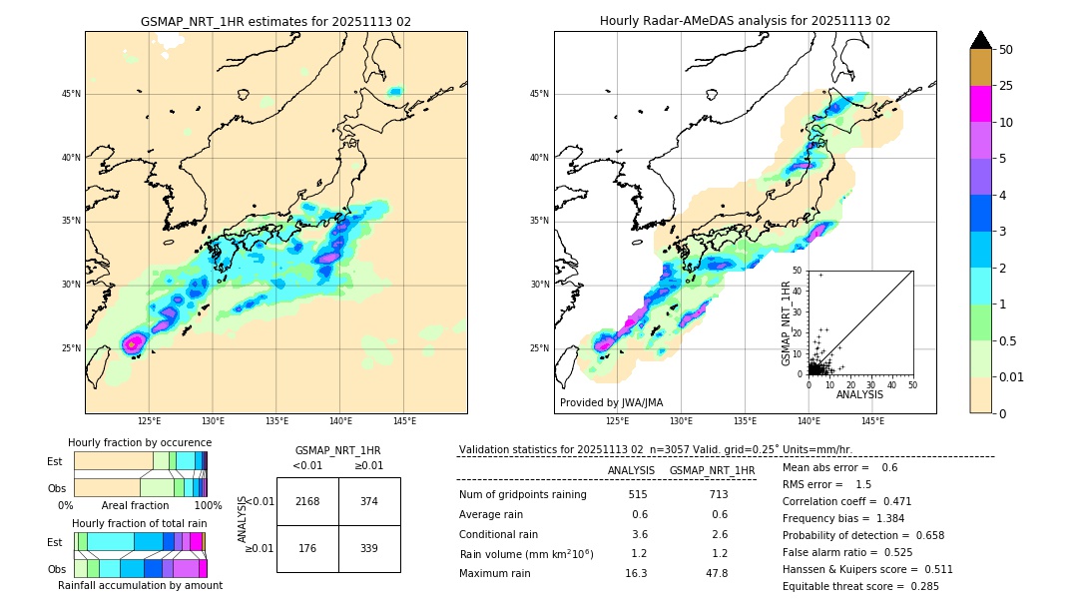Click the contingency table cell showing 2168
coord(307,501)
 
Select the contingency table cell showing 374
coord(369,501)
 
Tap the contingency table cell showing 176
coord(307,548)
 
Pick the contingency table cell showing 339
coord(369,548)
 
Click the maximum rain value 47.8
coord(717,573)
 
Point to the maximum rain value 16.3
coord(636,573)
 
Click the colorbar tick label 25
coord(1006,86)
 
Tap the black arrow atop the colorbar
coord(981,40)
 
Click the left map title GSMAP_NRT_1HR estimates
coord(275,21)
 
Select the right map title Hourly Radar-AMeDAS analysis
coord(745,21)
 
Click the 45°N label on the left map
coord(71,94)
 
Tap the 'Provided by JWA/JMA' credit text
coord(611,403)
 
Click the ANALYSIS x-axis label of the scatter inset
coord(859,395)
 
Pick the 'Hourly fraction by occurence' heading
coord(140,442)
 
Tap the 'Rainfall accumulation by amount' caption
coord(140,586)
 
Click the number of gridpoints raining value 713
coord(717,494)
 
